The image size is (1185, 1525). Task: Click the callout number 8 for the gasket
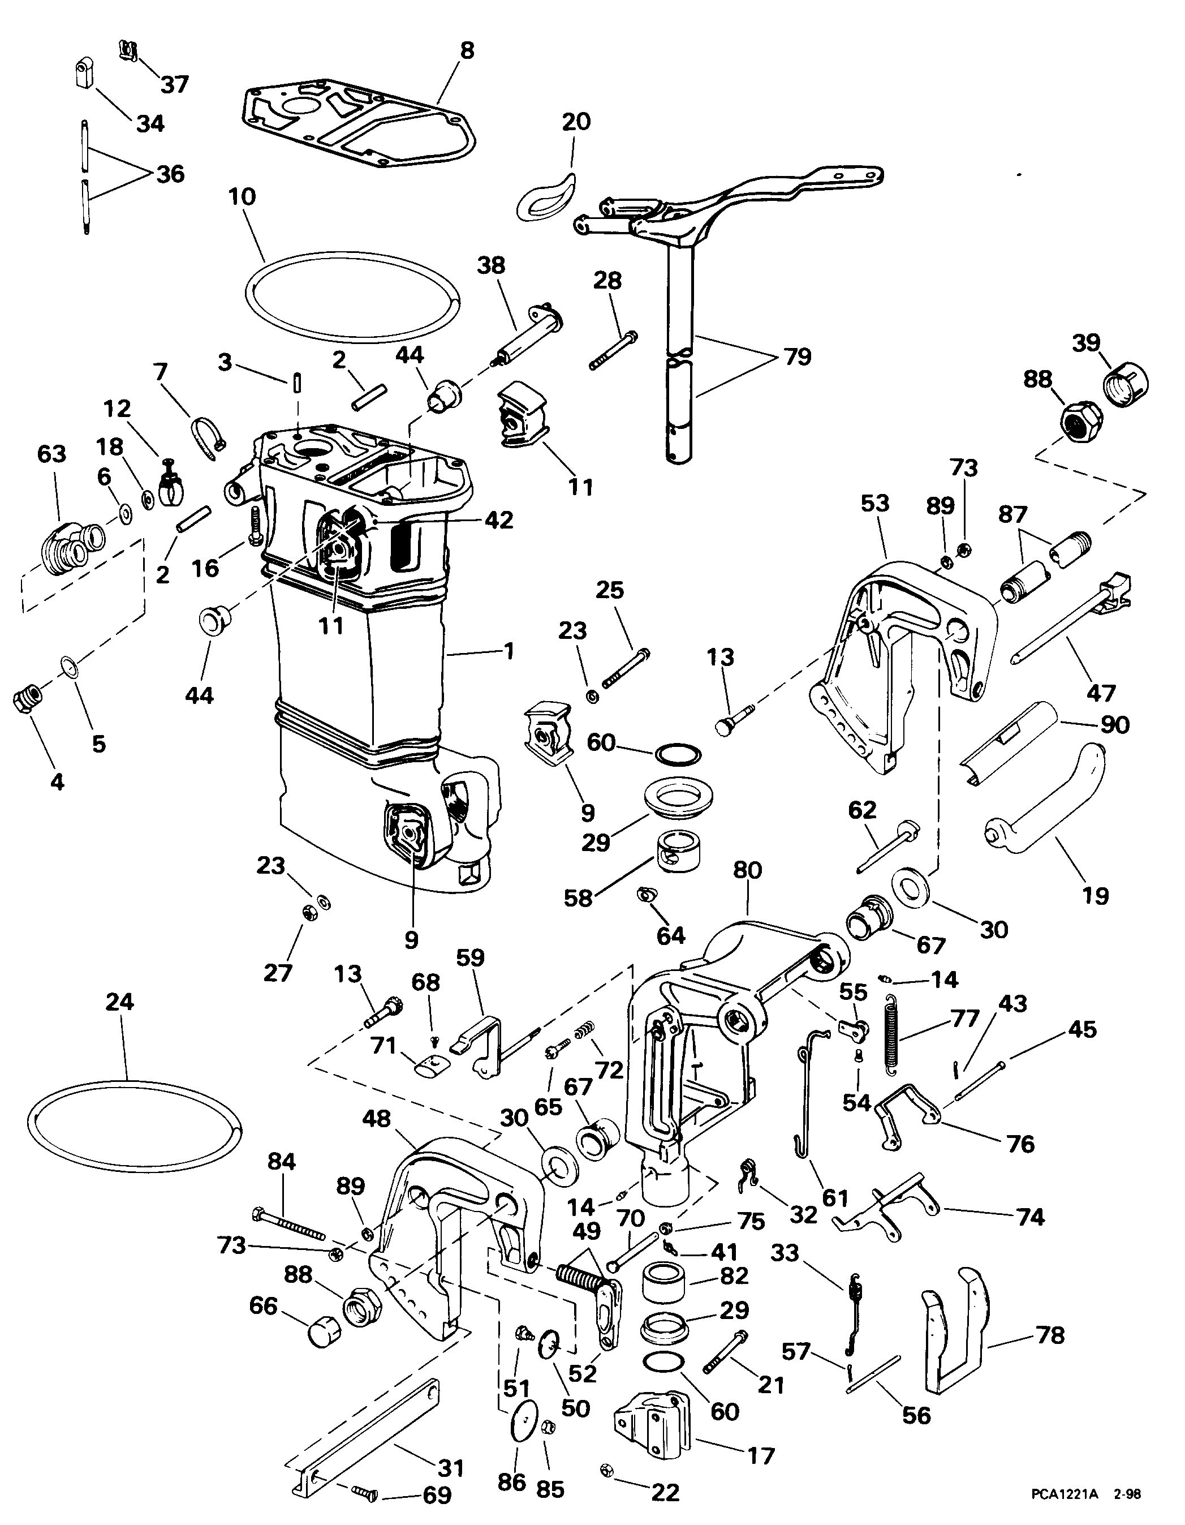(467, 51)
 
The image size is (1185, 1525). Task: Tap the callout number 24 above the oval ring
(119, 1002)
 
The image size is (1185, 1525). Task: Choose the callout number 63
(51, 454)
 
